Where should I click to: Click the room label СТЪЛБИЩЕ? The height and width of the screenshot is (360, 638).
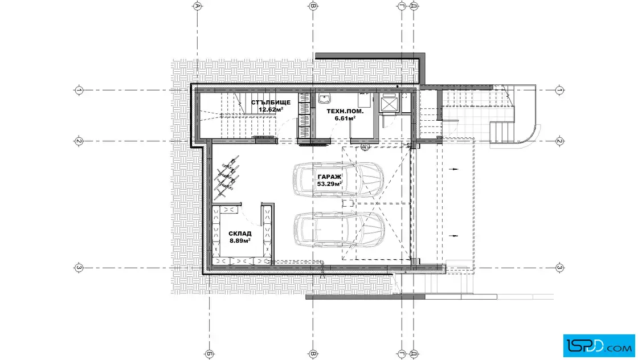pyautogui.click(x=271, y=103)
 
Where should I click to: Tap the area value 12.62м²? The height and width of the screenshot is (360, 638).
pyautogui.click(x=271, y=109)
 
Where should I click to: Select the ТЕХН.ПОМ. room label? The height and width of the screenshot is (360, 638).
pyautogui.click(x=345, y=111)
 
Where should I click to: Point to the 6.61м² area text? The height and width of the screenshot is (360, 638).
pyautogui.click(x=345, y=118)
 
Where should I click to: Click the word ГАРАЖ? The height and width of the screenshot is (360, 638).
pyautogui.click(x=330, y=177)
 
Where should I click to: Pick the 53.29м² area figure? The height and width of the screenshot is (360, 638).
pyautogui.click(x=330, y=184)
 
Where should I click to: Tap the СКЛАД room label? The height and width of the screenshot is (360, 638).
pyautogui.click(x=240, y=234)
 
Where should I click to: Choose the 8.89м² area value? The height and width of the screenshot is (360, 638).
pyautogui.click(x=240, y=240)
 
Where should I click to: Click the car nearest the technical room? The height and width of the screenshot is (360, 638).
pyautogui.click(x=338, y=179)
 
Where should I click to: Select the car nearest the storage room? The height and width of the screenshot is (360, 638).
pyautogui.click(x=340, y=230)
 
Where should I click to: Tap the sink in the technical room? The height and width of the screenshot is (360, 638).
pyautogui.click(x=324, y=98)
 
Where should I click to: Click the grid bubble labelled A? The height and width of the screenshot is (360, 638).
pyautogui.click(x=197, y=6)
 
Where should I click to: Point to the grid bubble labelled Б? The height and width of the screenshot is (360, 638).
pyautogui.click(x=209, y=354)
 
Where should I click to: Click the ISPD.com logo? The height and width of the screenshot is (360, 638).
pyautogui.click(x=599, y=345)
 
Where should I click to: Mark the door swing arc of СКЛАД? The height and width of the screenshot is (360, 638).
pyautogui.click(x=248, y=215)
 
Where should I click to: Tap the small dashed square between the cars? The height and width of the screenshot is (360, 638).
pyautogui.click(x=347, y=203)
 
